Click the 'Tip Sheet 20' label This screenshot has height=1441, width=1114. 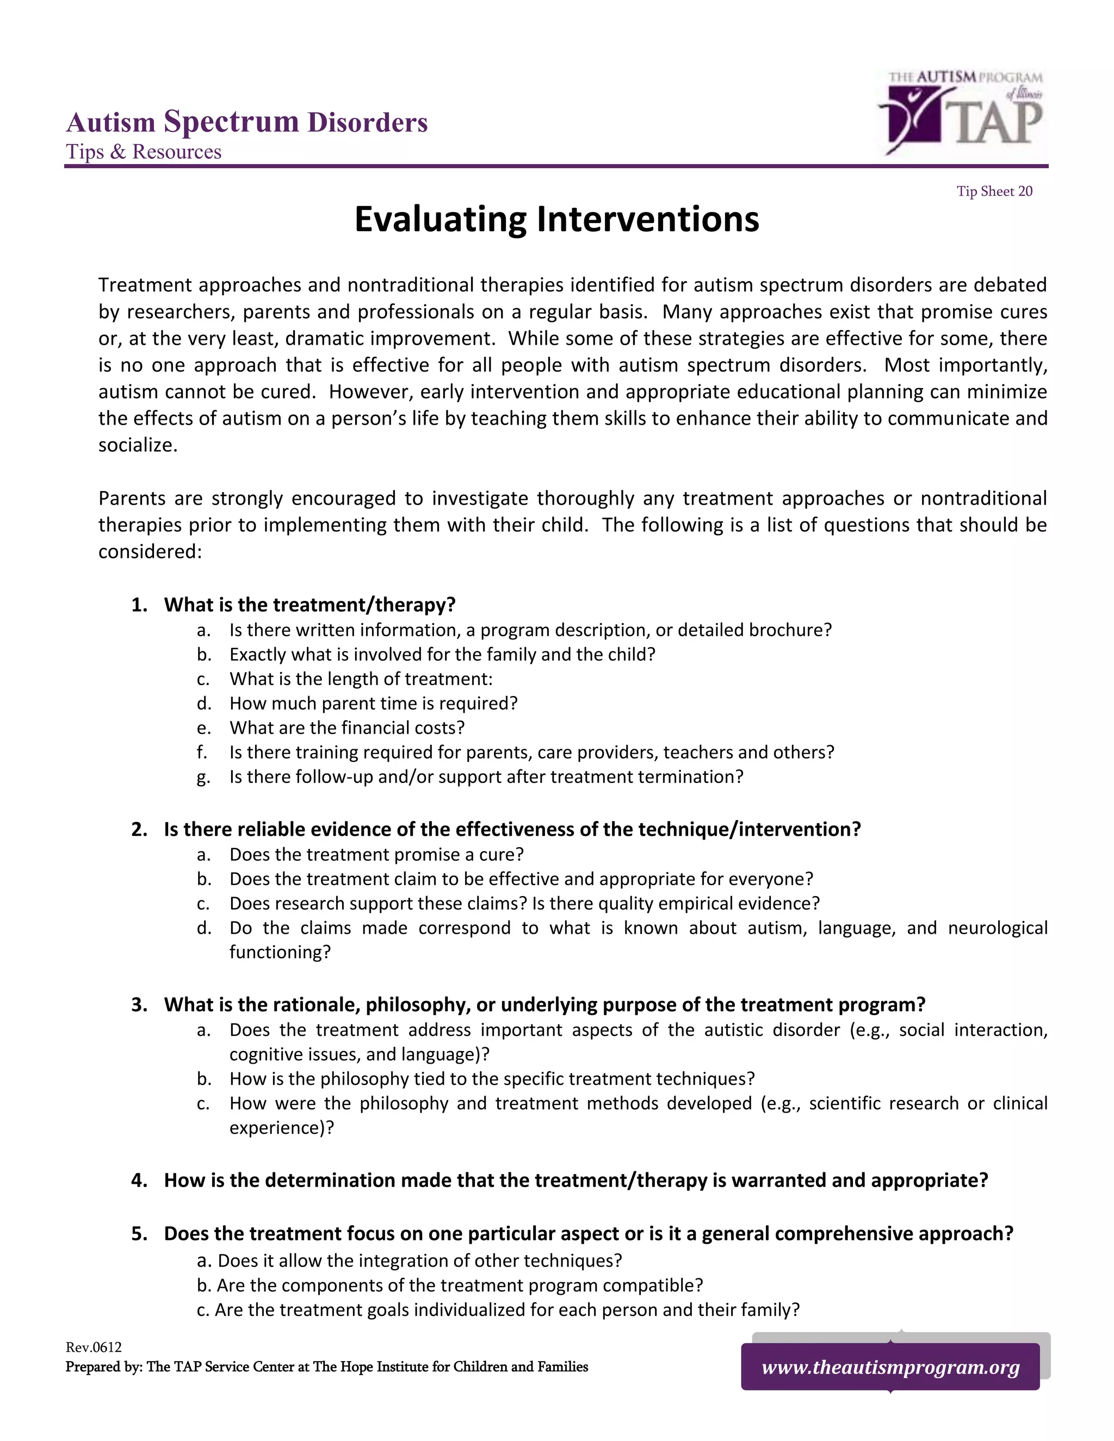click(x=994, y=191)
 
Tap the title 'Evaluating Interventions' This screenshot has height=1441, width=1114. click(x=556, y=219)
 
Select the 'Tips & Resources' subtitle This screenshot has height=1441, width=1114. click(x=143, y=152)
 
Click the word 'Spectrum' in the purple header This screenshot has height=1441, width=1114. click(x=231, y=122)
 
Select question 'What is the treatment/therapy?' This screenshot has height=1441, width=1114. click(x=310, y=604)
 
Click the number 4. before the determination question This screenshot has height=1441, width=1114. click(x=139, y=1180)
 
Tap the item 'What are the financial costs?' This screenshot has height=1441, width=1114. click(x=346, y=728)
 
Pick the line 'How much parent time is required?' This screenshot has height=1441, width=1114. click(x=373, y=703)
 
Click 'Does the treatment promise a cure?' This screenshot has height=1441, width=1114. click(x=376, y=854)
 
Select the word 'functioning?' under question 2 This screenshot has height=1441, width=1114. click(x=280, y=952)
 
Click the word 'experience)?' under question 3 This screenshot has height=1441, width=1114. click(x=282, y=1128)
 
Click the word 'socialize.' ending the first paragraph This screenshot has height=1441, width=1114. click(x=138, y=445)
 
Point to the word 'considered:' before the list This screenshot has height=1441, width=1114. click(x=150, y=551)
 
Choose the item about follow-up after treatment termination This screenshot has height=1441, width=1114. click(x=486, y=777)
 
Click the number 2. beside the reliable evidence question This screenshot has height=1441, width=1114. click(x=139, y=829)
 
